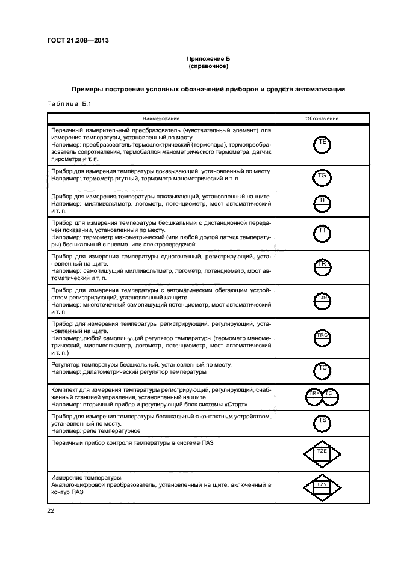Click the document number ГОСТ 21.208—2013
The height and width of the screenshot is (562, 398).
click(75, 41)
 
